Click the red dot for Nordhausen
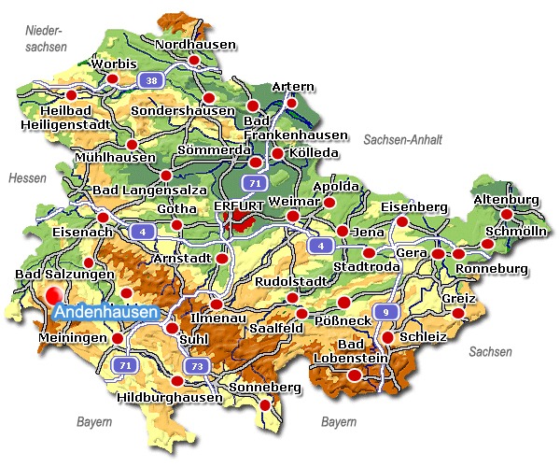194,61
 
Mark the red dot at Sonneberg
265,405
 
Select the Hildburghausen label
171,397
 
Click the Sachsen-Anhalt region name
402,139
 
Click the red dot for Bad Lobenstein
354,375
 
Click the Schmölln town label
513,232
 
